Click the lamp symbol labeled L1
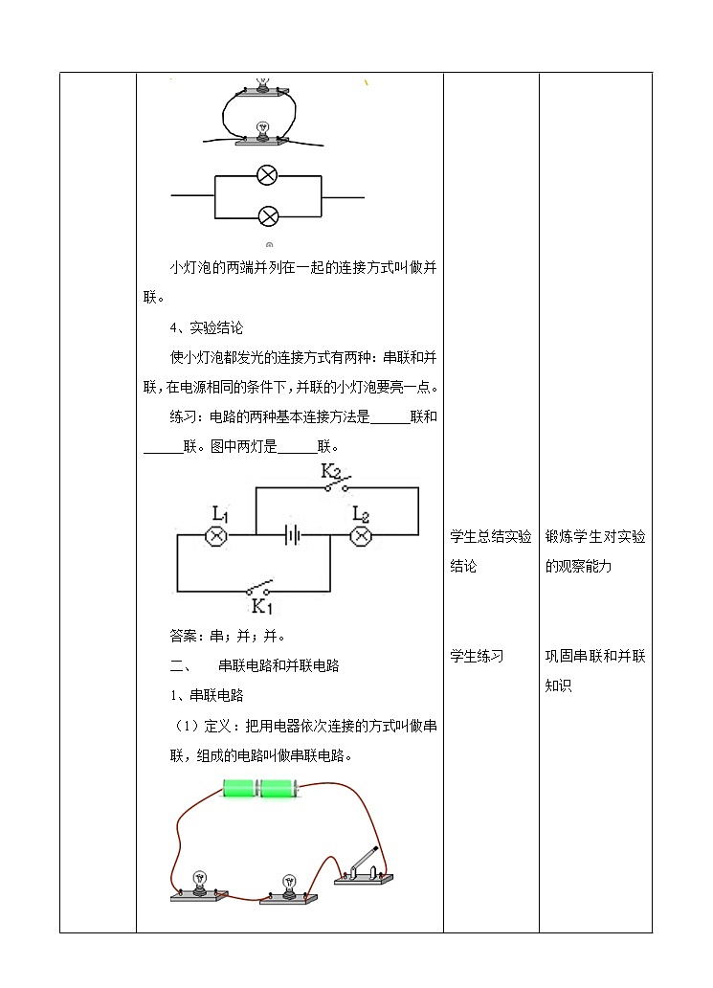click(x=217, y=536)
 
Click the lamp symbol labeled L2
click(x=361, y=536)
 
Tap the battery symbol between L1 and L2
click(x=292, y=535)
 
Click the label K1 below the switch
click(x=262, y=606)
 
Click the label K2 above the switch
click(x=331, y=471)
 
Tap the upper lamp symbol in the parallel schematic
click(x=267, y=175)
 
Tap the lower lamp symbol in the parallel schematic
click(x=268, y=216)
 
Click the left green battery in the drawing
click(x=239, y=788)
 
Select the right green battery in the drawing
click(x=279, y=788)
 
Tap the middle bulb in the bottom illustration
click(x=288, y=889)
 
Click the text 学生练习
click(x=477, y=656)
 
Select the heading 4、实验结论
click(x=206, y=327)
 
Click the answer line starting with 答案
click(x=228, y=636)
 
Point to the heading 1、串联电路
click(x=207, y=695)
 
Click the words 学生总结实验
click(x=491, y=536)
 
